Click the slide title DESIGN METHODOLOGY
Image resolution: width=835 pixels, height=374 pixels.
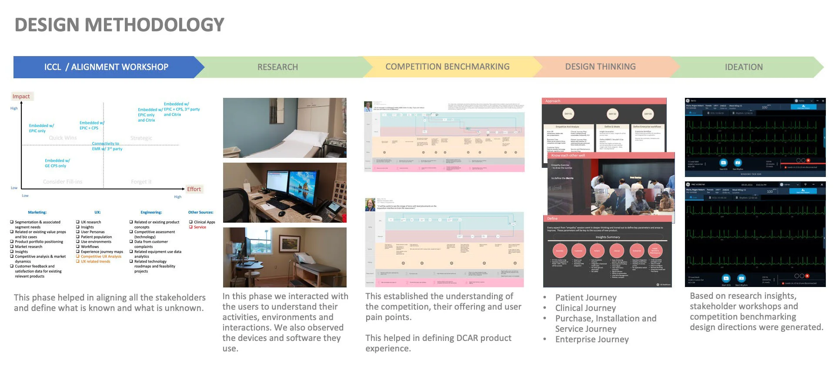click(120, 25)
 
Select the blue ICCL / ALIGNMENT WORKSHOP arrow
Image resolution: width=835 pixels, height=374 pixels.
click(106, 67)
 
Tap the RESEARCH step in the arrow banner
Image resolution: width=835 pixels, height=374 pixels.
click(277, 67)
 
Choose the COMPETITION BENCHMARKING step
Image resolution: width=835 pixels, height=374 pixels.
click(447, 67)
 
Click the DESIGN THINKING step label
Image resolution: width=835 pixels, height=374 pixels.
click(600, 67)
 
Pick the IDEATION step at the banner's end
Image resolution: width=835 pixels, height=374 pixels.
click(743, 67)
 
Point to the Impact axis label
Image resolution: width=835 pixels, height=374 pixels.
click(21, 97)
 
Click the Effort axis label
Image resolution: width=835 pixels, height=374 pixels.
click(194, 189)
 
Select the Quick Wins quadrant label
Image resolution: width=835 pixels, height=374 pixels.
click(63, 138)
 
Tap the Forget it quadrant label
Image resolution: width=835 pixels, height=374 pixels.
click(141, 182)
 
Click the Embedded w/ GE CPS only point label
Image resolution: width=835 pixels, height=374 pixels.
click(57, 163)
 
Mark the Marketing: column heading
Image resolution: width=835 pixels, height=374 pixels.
click(37, 212)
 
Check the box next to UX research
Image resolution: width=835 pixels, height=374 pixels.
click(78, 222)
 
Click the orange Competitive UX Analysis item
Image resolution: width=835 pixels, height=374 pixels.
click(101, 257)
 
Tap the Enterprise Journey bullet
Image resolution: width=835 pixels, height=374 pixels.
click(592, 339)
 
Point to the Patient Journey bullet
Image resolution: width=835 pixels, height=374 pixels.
click(586, 297)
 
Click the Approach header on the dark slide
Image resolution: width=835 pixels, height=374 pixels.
click(553, 101)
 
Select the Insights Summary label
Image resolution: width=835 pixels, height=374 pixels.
click(608, 237)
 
